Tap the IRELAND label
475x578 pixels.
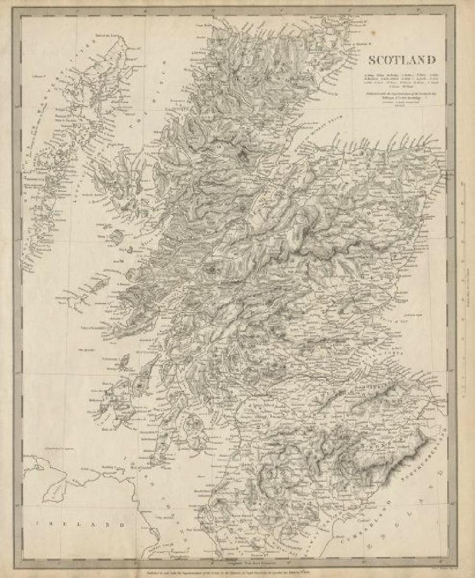(x=79, y=524)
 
